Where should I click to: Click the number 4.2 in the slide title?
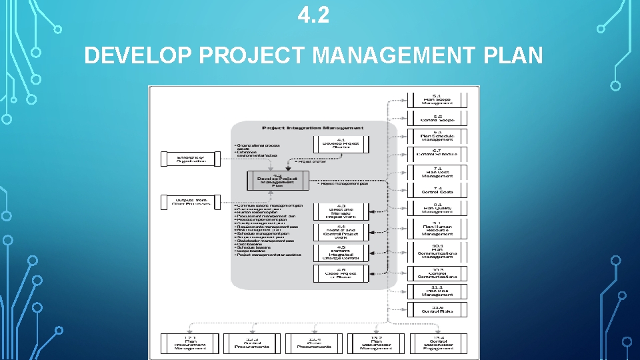click(313, 15)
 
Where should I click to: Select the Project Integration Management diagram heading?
click(313, 127)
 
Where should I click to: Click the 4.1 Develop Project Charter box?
click(341, 144)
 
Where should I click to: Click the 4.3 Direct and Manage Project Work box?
click(341, 211)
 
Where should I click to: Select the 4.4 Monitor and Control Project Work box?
click(341, 231)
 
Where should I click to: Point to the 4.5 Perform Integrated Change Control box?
click(341, 252)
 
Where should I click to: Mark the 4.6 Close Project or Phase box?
click(341, 273)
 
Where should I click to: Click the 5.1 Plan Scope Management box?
click(437, 99)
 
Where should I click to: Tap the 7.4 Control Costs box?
click(437, 190)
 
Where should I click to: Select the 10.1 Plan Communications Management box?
click(437, 251)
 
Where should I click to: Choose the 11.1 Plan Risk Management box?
click(437, 291)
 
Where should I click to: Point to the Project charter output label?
click(309, 161)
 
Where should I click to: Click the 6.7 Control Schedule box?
click(437, 154)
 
